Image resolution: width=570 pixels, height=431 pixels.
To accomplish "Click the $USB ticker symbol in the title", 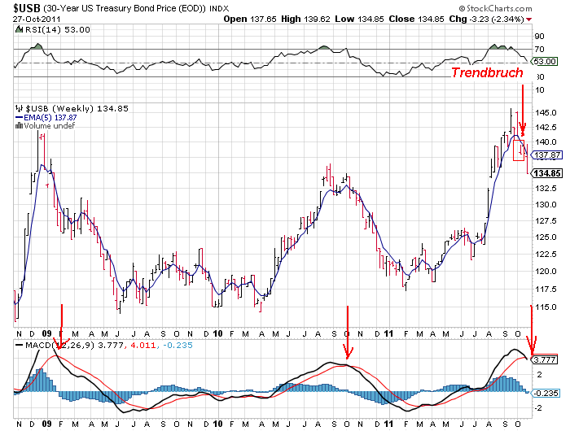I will [x=24, y=8].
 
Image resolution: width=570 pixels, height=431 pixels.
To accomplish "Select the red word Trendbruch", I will [x=488, y=73].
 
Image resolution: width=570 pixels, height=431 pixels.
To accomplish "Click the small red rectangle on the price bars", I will [x=518, y=149].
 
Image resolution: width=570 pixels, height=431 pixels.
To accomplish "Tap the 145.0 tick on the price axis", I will [x=546, y=112].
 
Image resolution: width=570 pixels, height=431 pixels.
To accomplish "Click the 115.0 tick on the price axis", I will [x=546, y=306].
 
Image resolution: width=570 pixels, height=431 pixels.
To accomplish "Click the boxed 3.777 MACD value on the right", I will [x=544, y=359].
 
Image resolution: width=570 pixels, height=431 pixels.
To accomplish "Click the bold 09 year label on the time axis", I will [x=46, y=333].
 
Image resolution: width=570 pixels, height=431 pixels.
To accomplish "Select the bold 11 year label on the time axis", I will [x=390, y=333].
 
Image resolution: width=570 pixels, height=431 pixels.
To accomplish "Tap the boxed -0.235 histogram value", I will [x=545, y=393].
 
